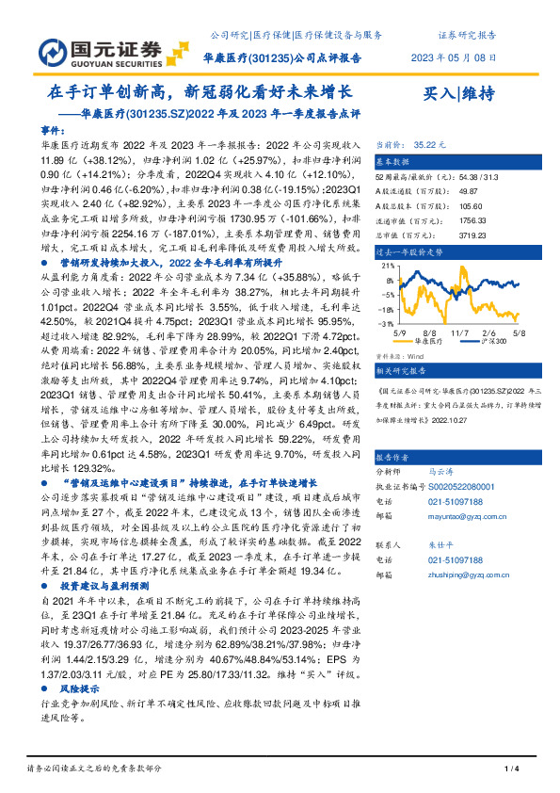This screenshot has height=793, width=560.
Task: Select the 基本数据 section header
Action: [x=396, y=162]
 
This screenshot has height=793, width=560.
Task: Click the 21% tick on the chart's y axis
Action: [x=386, y=267]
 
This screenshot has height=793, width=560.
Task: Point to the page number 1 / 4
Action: [x=513, y=769]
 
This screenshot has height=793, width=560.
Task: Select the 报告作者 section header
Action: [x=396, y=454]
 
